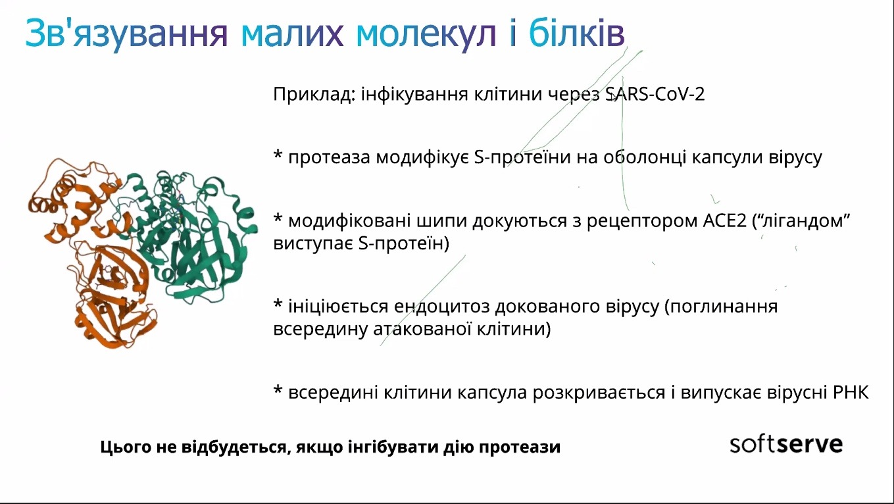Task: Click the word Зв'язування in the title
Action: click(x=126, y=33)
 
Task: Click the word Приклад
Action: click(x=314, y=95)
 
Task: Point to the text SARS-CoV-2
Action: click(x=655, y=94)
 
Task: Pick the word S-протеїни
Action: click(x=522, y=157)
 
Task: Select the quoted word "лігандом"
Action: click(x=801, y=220)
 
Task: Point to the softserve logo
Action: click(x=786, y=445)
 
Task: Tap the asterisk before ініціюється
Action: click(x=278, y=303)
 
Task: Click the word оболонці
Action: click(x=644, y=158)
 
